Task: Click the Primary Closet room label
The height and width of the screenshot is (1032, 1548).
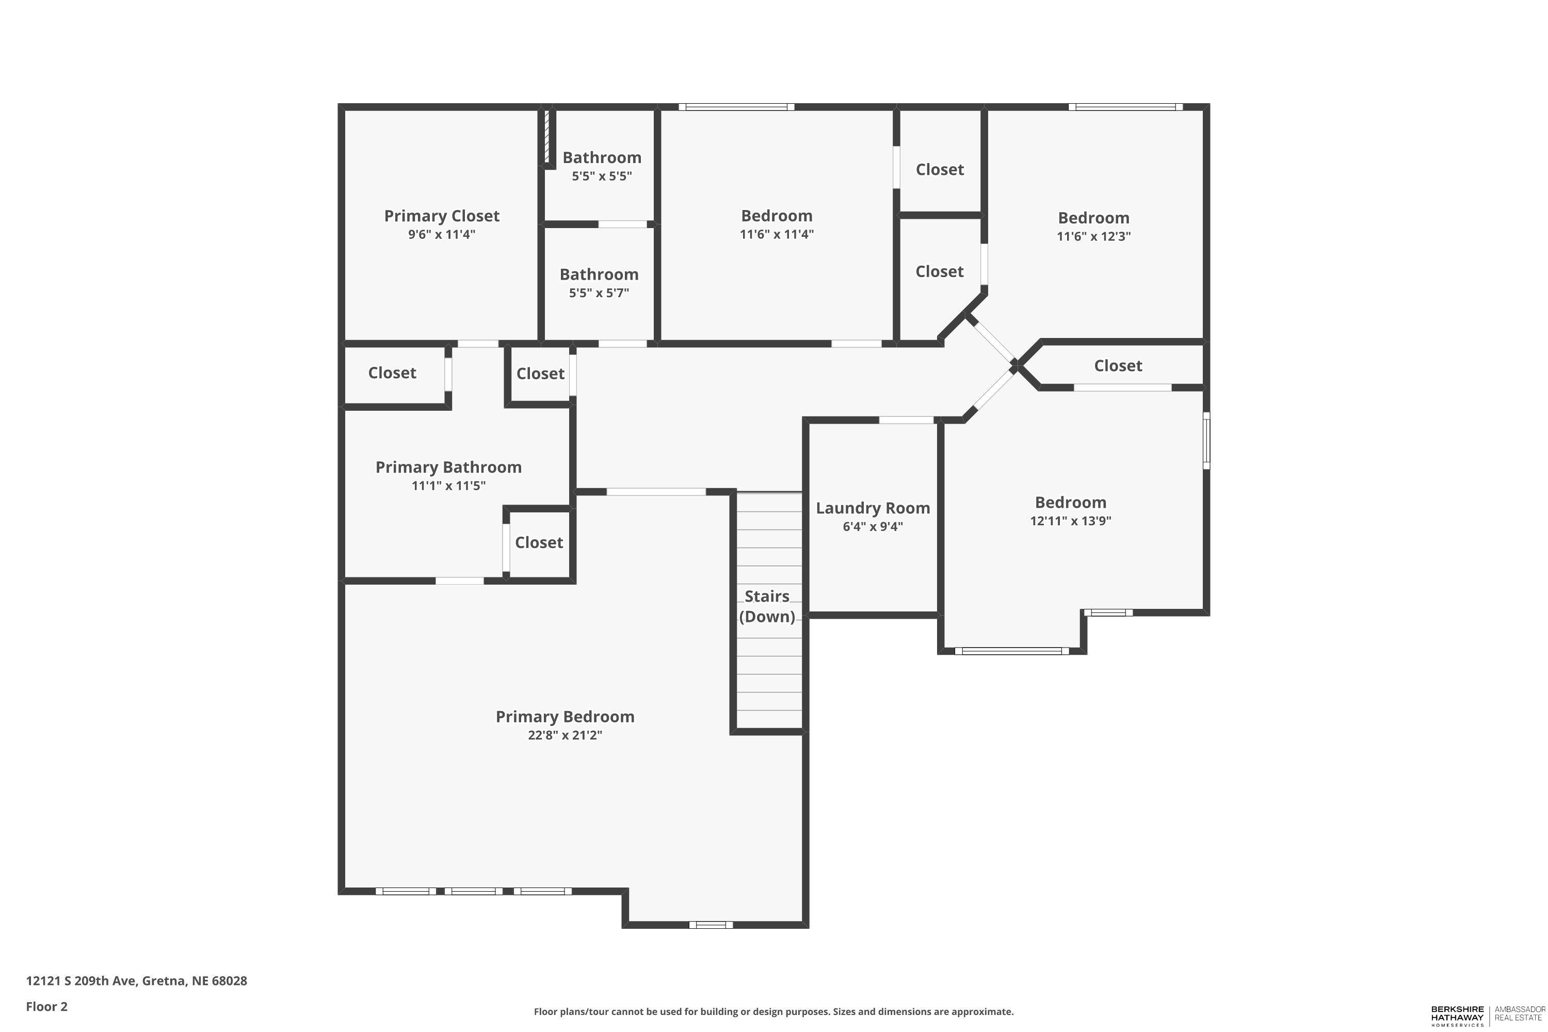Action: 442,216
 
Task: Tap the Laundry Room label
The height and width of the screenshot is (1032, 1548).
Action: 873,508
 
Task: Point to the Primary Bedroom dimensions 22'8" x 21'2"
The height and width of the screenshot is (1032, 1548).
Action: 565,735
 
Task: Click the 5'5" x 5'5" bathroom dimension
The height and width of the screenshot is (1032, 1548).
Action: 602,176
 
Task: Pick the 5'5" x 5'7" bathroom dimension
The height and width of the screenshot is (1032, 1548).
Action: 599,293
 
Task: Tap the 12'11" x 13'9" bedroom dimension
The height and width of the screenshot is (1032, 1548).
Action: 1070,521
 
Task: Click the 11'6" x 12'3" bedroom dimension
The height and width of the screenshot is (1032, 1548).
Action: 1093,236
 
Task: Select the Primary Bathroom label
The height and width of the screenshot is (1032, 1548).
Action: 448,467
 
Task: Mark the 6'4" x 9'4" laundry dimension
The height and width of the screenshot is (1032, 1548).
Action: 873,526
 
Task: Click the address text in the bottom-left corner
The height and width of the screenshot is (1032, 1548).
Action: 136,981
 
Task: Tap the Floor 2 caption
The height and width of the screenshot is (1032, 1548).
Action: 47,1006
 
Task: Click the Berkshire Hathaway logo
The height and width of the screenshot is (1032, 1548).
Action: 1488,1015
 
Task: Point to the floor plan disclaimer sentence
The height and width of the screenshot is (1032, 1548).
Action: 773,1011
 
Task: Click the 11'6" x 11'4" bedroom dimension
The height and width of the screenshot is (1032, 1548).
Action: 777,234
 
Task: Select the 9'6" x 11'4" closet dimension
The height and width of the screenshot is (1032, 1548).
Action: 442,234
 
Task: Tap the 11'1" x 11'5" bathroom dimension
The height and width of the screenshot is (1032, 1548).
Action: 448,486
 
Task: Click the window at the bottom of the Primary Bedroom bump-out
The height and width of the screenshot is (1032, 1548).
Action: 711,925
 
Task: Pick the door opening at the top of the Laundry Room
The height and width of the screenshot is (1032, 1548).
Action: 906,420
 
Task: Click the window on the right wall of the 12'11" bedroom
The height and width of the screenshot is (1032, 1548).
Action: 1206,440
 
